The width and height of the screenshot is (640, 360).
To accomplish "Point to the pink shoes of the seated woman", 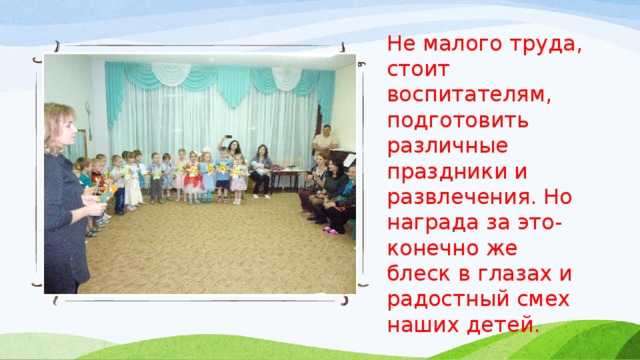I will coord(329,230).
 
